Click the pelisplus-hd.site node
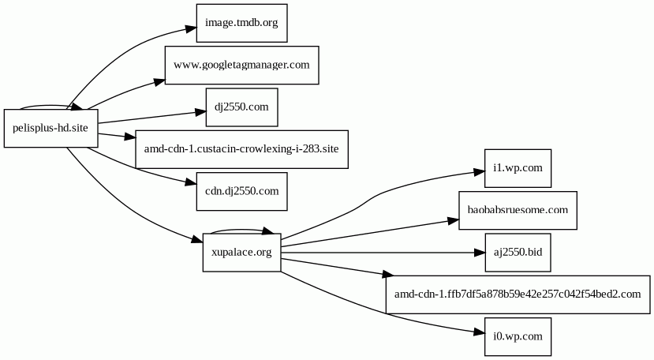pos(50,128)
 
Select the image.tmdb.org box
pos(241,23)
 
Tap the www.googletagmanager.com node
pos(241,65)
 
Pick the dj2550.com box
pos(241,107)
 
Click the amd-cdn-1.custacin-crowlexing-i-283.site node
pos(241,148)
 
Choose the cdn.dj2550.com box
pos(241,190)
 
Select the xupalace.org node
pos(241,253)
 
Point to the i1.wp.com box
pos(518,168)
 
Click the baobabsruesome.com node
pos(518,210)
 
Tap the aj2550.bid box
pos(518,253)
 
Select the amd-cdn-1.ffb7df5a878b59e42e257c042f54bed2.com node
pos(518,294)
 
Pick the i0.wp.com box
pos(518,336)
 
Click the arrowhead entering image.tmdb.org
pos(190,29)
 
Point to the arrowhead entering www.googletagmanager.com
pos(159,79)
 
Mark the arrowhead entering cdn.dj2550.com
pos(190,184)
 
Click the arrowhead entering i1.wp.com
pos(479,171)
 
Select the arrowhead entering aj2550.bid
pos(479,253)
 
